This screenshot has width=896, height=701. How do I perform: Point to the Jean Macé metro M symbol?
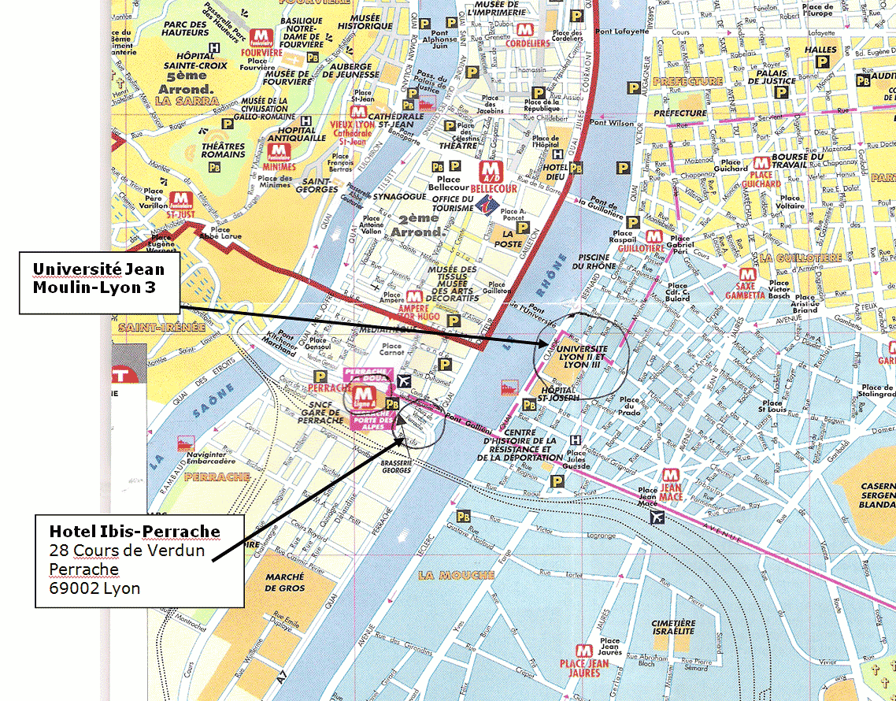(x=671, y=476)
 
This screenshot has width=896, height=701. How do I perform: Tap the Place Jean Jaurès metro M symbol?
(x=583, y=651)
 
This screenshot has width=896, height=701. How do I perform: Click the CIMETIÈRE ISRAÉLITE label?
(x=673, y=627)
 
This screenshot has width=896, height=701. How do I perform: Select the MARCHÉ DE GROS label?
(x=284, y=582)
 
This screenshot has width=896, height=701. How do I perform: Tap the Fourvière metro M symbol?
(x=261, y=37)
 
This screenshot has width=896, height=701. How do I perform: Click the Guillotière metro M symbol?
(x=653, y=236)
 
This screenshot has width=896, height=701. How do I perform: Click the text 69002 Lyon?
(x=94, y=588)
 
